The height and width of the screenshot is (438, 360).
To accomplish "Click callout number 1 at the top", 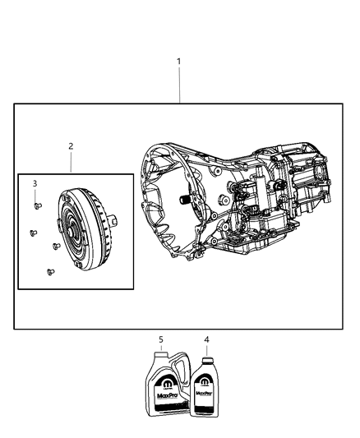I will click(x=179, y=62).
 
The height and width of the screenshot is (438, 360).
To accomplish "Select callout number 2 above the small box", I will click(x=71, y=146).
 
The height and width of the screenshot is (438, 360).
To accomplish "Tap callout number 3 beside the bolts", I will click(x=35, y=183).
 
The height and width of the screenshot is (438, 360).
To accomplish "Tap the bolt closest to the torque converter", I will click(x=54, y=245).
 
